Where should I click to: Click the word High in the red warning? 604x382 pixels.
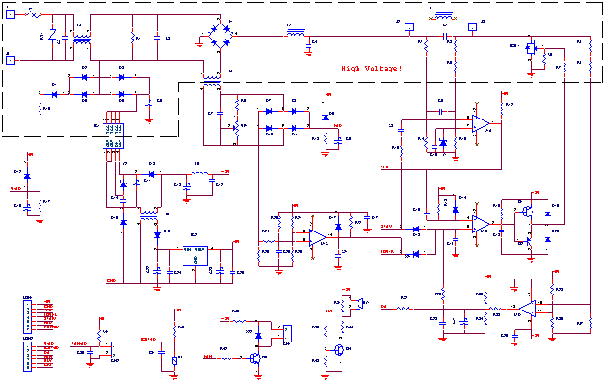[350, 68]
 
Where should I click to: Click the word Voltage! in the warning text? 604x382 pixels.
[382, 68]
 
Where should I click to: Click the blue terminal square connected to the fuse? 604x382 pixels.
[10, 13]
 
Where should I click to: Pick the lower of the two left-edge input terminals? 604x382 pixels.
[10, 61]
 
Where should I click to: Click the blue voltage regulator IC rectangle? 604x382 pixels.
[196, 256]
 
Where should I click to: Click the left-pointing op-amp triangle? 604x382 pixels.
[527, 309]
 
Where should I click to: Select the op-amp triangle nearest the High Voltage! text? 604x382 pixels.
[480, 123]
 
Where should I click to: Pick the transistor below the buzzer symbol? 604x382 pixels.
[340, 348]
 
